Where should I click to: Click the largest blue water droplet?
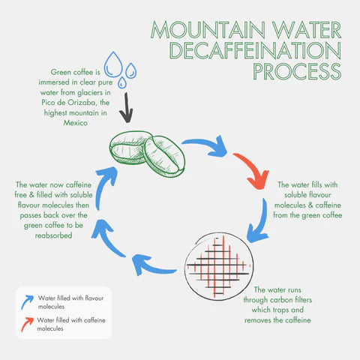(x=113, y=63)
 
